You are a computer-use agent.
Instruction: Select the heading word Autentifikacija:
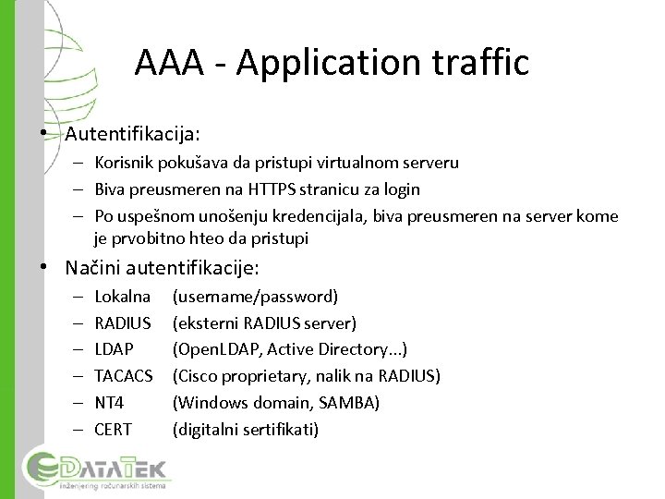tap(132, 135)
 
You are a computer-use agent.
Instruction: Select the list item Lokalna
tap(123, 297)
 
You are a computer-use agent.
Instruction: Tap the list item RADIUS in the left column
tap(124, 323)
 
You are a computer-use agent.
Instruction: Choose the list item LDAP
tap(115, 349)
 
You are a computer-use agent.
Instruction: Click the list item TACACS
tap(125, 376)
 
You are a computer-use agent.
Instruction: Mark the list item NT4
tap(110, 403)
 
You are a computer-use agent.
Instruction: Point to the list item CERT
tap(114, 430)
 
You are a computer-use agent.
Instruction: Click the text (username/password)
tap(256, 297)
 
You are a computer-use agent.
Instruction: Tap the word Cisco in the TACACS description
tap(196, 376)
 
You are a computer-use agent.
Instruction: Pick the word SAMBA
tap(348, 403)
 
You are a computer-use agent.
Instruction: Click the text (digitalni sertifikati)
tap(246, 430)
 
